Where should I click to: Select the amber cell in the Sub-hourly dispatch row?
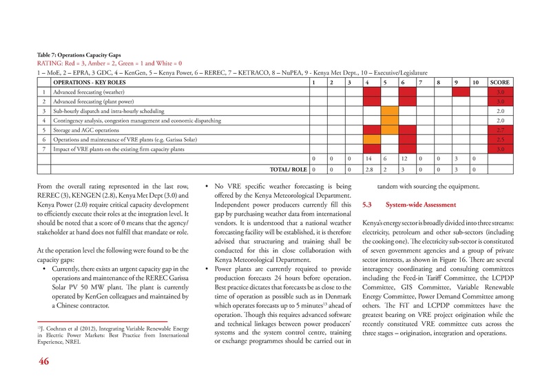[390, 110]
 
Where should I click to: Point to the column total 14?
[369, 158]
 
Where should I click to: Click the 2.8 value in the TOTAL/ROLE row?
[369, 169]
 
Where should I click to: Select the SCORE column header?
[500, 81]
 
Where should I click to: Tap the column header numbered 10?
[475, 81]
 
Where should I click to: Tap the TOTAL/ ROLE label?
[289, 169]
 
